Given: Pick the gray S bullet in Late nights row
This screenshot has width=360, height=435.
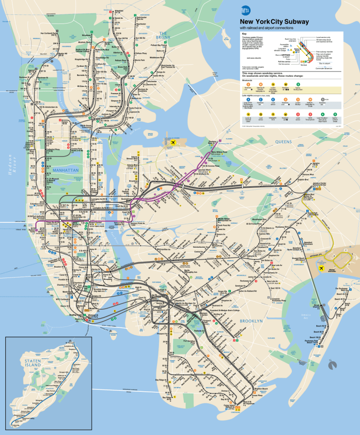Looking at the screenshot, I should click(x=323, y=100).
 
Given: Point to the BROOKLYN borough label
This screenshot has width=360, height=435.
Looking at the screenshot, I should click(x=252, y=320).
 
